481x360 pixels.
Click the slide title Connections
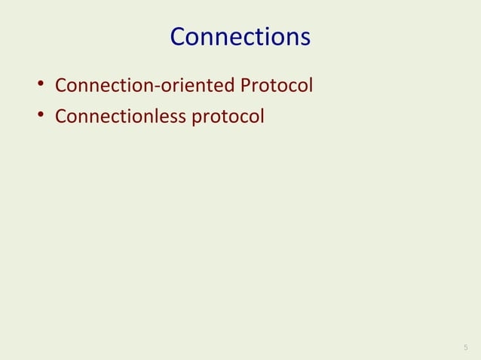pos(240,37)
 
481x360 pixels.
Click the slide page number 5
pos(465,347)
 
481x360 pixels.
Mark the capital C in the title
pos(179,37)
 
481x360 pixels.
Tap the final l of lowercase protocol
pos(262,117)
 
